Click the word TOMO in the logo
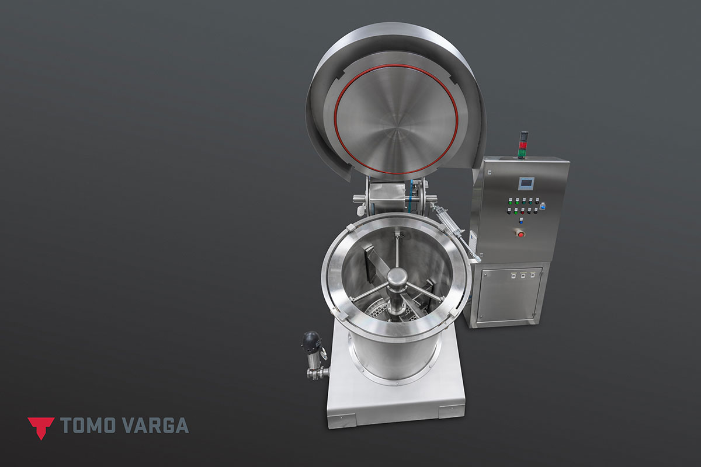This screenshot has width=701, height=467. point(88,425)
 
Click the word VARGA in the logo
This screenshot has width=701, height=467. point(155,425)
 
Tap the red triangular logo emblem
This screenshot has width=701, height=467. point(41,428)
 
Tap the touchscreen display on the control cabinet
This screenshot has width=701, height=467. point(526,183)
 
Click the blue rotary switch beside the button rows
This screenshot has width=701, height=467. point(543,206)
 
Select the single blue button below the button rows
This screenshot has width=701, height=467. point(521,222)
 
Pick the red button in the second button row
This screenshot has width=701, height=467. point(523,212)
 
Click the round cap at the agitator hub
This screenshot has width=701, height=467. point(397,277)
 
